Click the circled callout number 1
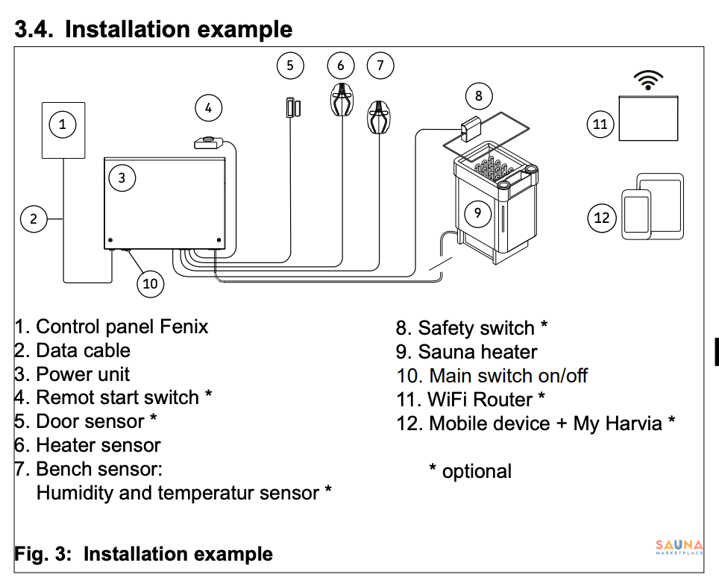pos(63,125)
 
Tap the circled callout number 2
pos(34,218)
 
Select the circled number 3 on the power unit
pos(122,177)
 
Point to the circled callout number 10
pos(150,283)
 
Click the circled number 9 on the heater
pos(478,213)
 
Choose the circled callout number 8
pos(478,95)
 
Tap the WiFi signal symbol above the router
pos(648,80)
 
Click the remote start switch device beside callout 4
pos(210,142)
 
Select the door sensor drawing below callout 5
pos(291,107)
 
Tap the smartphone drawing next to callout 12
pos(636,214)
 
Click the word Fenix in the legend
pos(184,327)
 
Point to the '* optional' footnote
pos(470,471)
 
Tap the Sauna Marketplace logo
pos(679,549)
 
